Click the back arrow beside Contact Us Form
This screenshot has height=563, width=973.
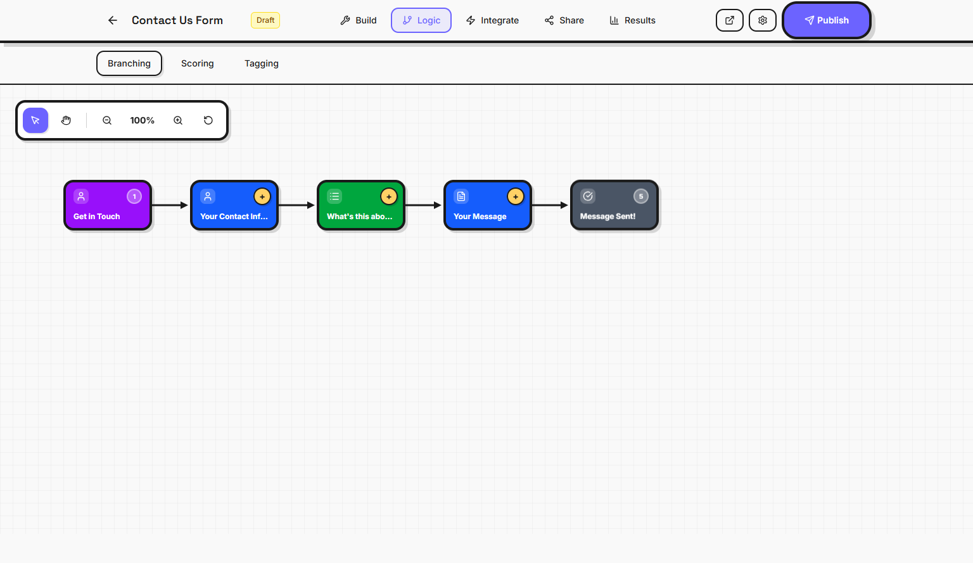pos(113,20)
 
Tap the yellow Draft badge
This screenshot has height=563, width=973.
pos(265,20)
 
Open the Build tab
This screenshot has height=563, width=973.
pos(359,20)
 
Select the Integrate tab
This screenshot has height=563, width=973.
pos(492,20)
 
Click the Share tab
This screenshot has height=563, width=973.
pos(564,20)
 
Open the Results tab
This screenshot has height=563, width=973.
pos(632,20)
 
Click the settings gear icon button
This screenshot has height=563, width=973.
pos(763,20)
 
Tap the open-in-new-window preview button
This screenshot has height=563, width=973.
pos(730,20)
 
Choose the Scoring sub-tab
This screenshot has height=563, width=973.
pos(198,63)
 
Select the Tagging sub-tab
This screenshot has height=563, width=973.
pos(262,63)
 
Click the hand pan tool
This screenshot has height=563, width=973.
pos(67,120)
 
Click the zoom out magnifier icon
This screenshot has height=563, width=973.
pos(107,120)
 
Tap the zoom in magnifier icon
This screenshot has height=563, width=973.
pos(178,120)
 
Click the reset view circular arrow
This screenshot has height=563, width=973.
pos(208,120)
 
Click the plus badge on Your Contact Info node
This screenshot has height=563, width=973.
pos(262,197)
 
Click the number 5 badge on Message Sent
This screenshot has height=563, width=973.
pos(641,196)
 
